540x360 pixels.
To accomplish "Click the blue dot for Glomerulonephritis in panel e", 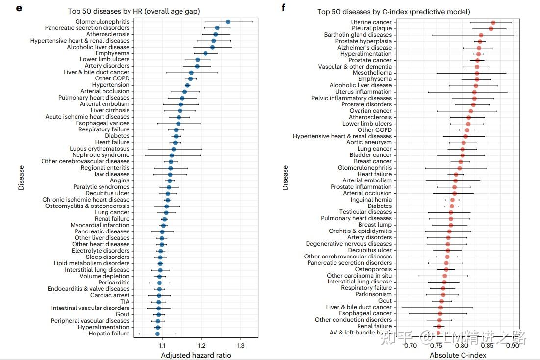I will click(228, 22).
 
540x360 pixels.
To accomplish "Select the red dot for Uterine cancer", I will click(493, 23).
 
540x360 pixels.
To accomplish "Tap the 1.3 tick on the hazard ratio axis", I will click(240, 346).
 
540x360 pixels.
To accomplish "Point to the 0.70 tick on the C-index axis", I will click(410, 346).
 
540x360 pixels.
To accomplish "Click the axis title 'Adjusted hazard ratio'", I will click(196, 355).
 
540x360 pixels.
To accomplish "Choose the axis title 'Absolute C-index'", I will click(458, 355).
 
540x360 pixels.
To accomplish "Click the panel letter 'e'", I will click(19, 8).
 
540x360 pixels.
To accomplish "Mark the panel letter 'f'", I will click(283, 8).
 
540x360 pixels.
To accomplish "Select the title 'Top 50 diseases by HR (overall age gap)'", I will click(133, 11).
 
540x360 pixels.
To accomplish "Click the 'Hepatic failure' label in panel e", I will click(109, 334).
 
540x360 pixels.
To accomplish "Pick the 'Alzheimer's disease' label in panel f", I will click(365, 48).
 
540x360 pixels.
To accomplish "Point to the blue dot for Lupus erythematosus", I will click(174, 149).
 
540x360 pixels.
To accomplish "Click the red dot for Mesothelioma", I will click(477, 73).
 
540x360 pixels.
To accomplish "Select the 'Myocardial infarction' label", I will click(100, 225).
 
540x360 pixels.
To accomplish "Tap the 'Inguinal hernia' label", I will click(371, 200).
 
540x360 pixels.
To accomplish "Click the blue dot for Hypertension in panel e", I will click(187, 85).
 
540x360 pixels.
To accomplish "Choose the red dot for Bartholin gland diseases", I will click(481, 35).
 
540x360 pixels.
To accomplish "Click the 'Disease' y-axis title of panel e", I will click(21, 177).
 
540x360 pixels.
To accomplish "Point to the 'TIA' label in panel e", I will click(125, 302).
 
